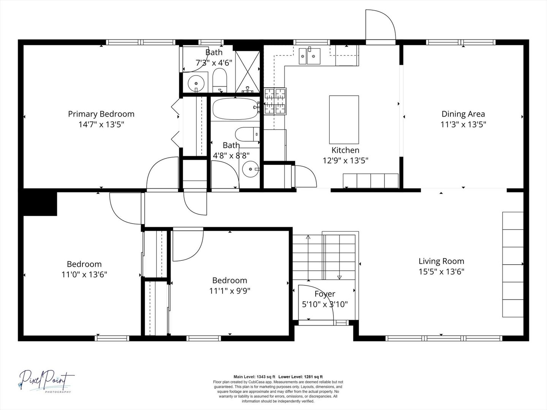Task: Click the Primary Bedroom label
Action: click(101, 114)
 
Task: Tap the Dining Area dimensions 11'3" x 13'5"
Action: click(463, 124)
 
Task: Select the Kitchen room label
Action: click(345, 150)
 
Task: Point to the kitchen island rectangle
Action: click(344, 120)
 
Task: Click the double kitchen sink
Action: click(310, 56)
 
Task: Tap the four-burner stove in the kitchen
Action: click(275, 101)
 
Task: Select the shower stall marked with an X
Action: click(247, 72)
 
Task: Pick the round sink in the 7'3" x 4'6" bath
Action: click(196, 83)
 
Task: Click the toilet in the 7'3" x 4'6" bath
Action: click(220, 80)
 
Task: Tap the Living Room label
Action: click(441, 261)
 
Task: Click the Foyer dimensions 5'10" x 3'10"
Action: click(325, 304)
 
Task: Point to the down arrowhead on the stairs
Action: click(339, 277)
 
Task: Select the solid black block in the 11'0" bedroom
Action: click(38, 202)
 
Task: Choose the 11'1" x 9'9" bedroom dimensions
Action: click(230, 291)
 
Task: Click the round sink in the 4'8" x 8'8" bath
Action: click(250, 169)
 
